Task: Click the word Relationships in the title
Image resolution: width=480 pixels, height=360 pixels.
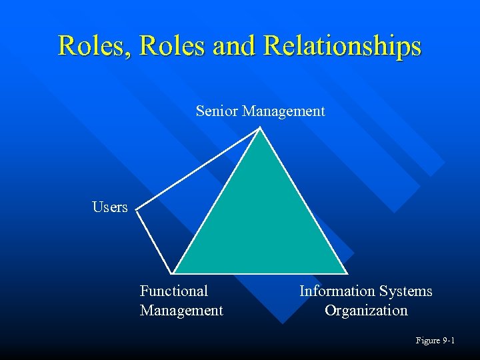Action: pyautogui.click(x=343, y=47)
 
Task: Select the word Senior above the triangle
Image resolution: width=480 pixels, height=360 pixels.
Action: pyautogui.click(x=217, y=111)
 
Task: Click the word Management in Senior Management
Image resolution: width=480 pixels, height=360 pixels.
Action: pyautogui.click(x=283, y=111)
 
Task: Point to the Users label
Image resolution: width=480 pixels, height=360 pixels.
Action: pyautogui.click(x=110, y=207)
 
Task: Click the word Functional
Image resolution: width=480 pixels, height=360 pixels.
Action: pyautogui.click(x=174, y=291)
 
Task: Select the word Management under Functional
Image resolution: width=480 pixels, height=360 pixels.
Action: pyautogui.click(x=181, y=311)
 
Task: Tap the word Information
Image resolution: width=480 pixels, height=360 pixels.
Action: pyautogui.click(x=337, y=291)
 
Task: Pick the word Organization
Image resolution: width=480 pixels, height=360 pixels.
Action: pyautogui.click(x=366, y=311)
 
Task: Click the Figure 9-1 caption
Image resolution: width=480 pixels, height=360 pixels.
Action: pyautogui.click(x=435, y=341)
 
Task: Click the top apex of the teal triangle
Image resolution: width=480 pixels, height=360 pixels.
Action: pyautogui.click(x=261, y=129)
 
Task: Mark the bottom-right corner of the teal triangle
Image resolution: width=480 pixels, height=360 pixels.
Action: pyautogui.click(x=347, y=272)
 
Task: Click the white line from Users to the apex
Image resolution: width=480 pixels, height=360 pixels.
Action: pyautogui.click(x=199, y=169)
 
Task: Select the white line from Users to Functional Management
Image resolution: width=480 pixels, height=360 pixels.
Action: pyautogui.click(x=155, y=241)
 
